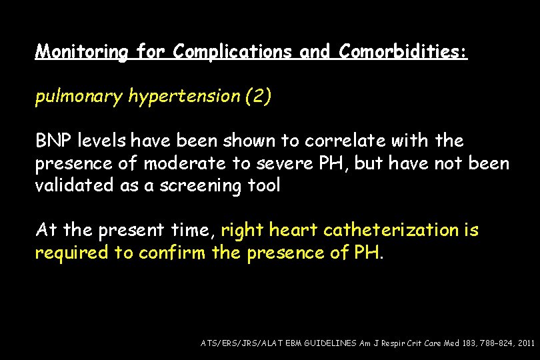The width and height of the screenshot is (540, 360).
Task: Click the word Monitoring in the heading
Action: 81,52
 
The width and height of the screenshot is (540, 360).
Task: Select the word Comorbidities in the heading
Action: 403,52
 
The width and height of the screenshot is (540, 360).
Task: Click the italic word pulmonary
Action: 79,97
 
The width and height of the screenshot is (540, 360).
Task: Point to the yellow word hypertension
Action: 184,97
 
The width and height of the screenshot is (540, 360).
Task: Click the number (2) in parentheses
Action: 259,97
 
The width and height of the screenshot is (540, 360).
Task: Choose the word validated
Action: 76,186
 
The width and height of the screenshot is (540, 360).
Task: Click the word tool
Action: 265,186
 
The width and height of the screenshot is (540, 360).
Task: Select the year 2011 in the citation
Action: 525,342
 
